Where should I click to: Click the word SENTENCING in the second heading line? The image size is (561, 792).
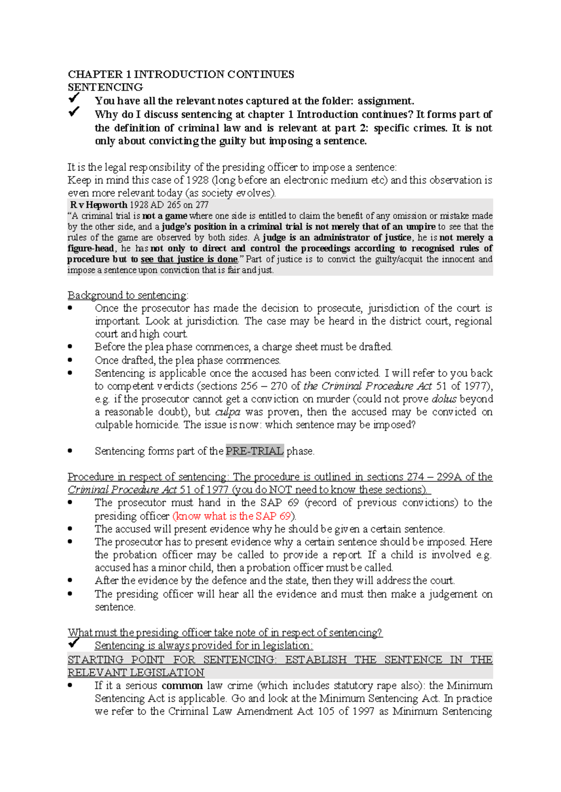tap(105, 87)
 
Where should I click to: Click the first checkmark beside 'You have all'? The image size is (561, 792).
tap(74, 98)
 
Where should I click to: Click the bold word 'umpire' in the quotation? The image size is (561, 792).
tap(420, 227)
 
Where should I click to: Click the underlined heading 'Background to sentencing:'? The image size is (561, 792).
tap(128, 296)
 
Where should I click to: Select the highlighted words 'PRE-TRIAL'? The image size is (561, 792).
tap(254, 451)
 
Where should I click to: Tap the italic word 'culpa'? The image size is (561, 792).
tap(228, 412)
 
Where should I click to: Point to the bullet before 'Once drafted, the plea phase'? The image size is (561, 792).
tap(70, 360)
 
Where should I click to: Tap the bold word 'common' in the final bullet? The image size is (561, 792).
tap(182, 686)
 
